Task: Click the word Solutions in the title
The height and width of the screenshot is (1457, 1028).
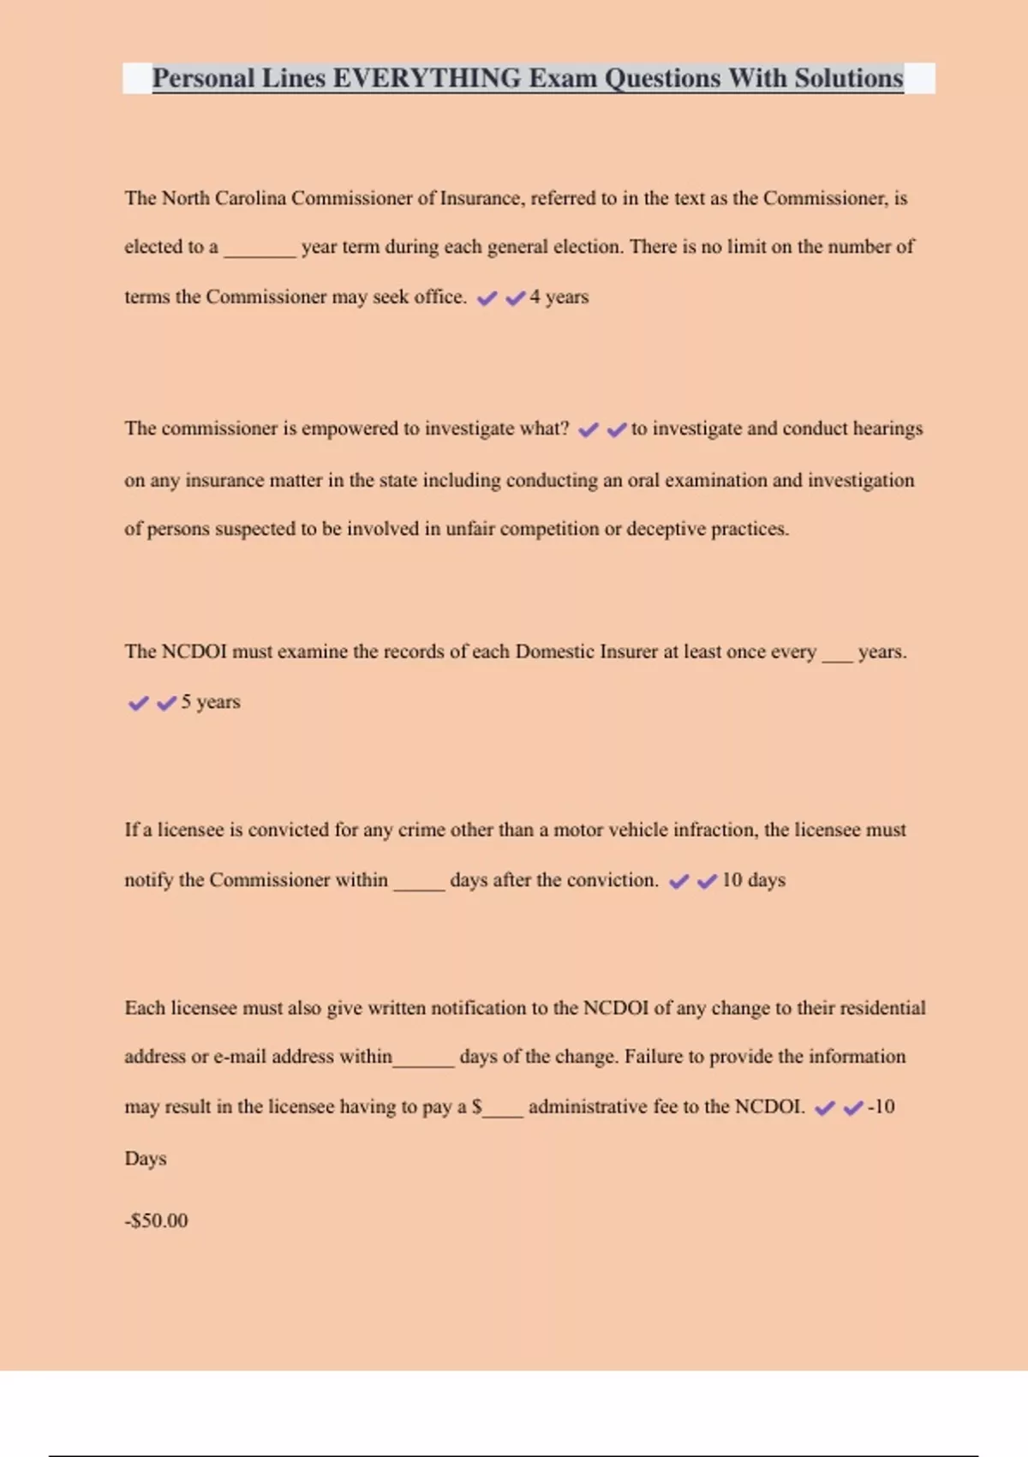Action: [x=849, y=78]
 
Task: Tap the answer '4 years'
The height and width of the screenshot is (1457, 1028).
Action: [x=559, y=297]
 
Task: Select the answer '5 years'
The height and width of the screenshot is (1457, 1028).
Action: [x=211, y=702]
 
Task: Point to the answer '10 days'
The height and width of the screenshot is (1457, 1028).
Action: [x=754, y=880]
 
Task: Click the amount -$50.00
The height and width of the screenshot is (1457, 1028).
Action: [x=156, y=1220]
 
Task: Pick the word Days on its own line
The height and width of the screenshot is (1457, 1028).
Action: [x=146, y=1159]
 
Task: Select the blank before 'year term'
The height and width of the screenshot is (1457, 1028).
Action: [x=260, y=250]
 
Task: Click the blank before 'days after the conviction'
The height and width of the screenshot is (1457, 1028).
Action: [x=419, y=884]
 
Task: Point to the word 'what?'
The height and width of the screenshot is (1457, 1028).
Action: [x=544, y=429]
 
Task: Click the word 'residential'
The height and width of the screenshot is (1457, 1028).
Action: [x=882, y=1008]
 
